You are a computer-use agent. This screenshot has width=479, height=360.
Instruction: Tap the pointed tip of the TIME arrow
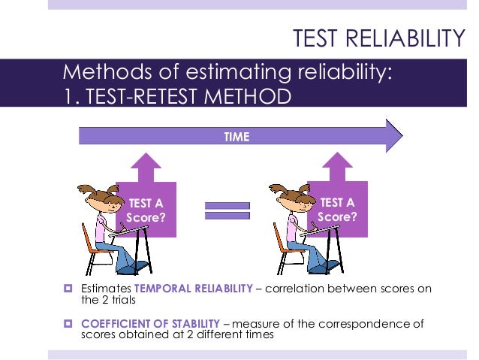[401, 137]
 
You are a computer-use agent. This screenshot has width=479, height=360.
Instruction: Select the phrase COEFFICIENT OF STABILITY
[142, 324]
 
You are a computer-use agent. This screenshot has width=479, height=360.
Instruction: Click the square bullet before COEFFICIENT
[68, 324]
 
